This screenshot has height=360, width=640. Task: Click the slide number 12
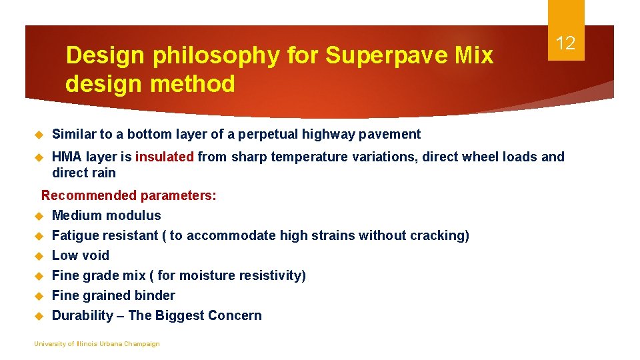coord(565,44)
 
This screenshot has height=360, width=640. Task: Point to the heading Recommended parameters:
coord(129,195)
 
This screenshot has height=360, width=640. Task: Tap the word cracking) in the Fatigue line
coord(441,235)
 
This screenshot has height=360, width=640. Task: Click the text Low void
coord(80,255)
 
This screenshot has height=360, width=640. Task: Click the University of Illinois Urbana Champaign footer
coord(97,344)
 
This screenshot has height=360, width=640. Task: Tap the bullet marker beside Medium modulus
coord(39,216)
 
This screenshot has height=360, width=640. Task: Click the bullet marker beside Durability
coord(39,316)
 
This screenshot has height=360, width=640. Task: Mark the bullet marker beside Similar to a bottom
coord(39,135)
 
